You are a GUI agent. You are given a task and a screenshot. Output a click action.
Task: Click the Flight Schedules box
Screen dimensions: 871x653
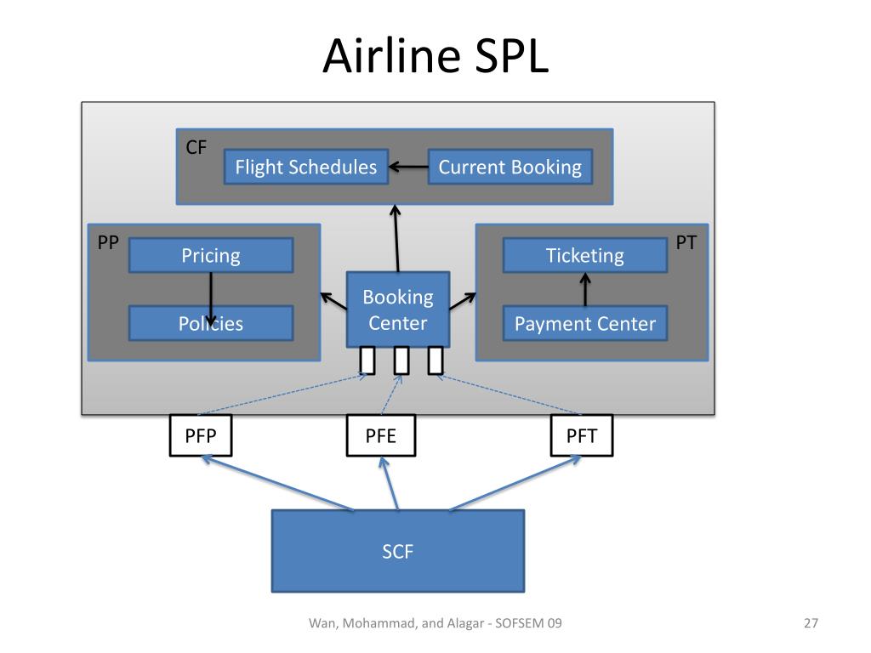coord(306,167)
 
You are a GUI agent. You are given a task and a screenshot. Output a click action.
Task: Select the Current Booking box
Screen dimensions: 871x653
coord(510,167)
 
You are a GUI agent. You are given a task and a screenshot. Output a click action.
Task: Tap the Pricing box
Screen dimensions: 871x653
coord(211,255)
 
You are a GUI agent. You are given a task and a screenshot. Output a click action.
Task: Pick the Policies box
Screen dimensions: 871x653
coord(211,323)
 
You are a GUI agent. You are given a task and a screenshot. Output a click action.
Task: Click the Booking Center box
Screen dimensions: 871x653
coord(398,309)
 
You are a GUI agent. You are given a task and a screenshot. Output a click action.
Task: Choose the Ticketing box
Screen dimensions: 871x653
coord(585,255)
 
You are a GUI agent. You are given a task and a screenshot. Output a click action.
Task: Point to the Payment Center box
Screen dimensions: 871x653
coord(585,323)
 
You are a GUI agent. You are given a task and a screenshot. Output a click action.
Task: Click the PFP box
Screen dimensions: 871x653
coord(201,436)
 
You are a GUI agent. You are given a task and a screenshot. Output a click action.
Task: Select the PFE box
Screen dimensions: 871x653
coord(380,436)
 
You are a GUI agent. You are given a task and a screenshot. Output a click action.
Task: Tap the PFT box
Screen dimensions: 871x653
coord(582,436)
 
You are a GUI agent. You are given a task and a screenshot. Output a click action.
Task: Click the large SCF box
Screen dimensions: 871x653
coord(398,551)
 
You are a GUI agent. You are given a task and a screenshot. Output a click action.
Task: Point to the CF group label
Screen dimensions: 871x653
coord(196,147)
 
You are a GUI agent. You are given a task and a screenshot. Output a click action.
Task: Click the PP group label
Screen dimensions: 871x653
coord(108,242)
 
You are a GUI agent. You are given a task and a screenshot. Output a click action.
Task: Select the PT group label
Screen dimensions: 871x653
coord(686,242)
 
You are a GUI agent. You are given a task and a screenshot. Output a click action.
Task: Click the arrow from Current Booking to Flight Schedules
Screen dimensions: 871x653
coord(408,167)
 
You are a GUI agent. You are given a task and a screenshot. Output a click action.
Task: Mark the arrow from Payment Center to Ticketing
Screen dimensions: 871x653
coord(585,289)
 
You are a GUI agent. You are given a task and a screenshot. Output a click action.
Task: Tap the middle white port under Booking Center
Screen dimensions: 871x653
coord(401,361)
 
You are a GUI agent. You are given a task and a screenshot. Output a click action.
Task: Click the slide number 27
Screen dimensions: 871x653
coord(811,623)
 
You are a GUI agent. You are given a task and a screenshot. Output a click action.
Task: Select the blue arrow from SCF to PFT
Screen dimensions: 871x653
coord(515,483)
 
